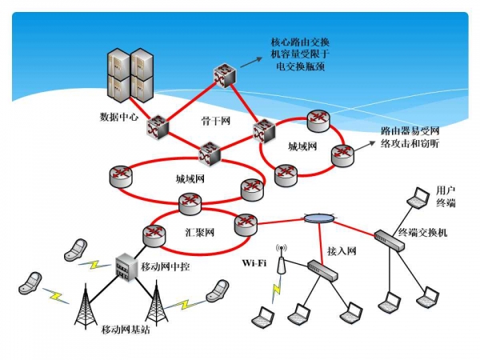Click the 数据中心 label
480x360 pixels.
click(119, 116)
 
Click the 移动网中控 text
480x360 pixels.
click(166, 266)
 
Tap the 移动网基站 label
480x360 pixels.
click(122, 329)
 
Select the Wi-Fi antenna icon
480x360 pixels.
click(281, 264)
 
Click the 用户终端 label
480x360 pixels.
click(446, 196)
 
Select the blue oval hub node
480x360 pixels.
click(318, 218)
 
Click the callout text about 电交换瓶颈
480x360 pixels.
click(301, 54)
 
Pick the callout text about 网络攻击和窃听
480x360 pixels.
click(413, 137)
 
